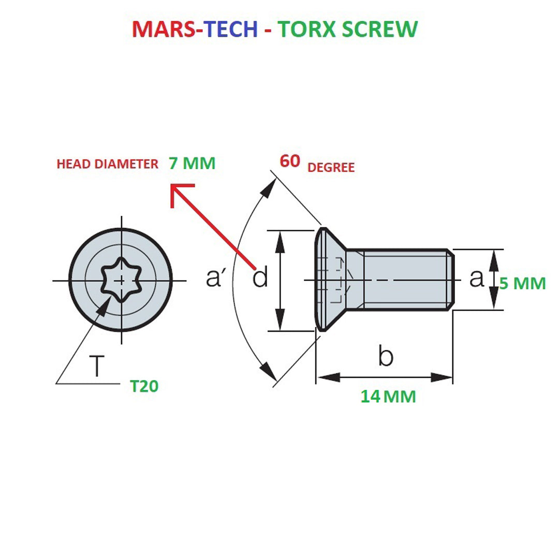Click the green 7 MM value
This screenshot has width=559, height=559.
[192, 164]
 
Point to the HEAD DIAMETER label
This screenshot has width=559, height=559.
[107, 165]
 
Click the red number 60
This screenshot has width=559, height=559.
[290, 161]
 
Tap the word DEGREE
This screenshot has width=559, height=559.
[331, 168]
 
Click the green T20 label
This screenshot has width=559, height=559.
[144, 386]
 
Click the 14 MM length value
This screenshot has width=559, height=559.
[388, 396]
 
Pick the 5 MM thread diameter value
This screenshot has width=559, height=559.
[523, 283]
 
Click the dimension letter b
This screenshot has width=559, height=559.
[386, 356]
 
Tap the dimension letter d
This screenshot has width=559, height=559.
[260, 278]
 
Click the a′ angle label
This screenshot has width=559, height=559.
[214, 278]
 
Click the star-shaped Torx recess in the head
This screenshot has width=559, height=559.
[121, 280]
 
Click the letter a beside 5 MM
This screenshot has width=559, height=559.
[476, 278]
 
